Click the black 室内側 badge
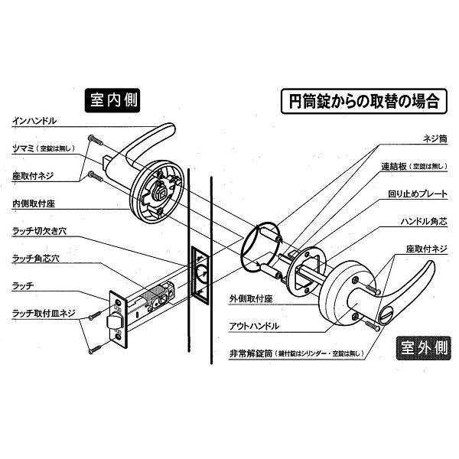pyautogui.click(x=112, y=100)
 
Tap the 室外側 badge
pyautogui.click(x=424, y=348)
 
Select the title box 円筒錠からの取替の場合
pyautogui.click(x=364, y=101)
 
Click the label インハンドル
pyautogui.click(x=34, y=121)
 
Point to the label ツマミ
pyautogui.click(x=23, y=148)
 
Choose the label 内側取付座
pyautogui.click(x=34, y=203)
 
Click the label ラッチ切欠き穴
pyautogui.click(x=40, y=231)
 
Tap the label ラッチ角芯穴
pyautogui.click(x=36, y=259)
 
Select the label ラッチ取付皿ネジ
pyautogui.click(x=44, y=314)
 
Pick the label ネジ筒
pyautogui.click(x=435, y=138)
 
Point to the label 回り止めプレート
pyautogui.click(x=418, y=194)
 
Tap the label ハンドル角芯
pyautogui.click(x=424, y=222)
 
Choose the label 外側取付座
pyautogui.click(x=251, y=299)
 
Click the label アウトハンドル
pyautogui.click(x=254, y=326)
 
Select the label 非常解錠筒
pyautogui.click(x=251, y=353)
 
